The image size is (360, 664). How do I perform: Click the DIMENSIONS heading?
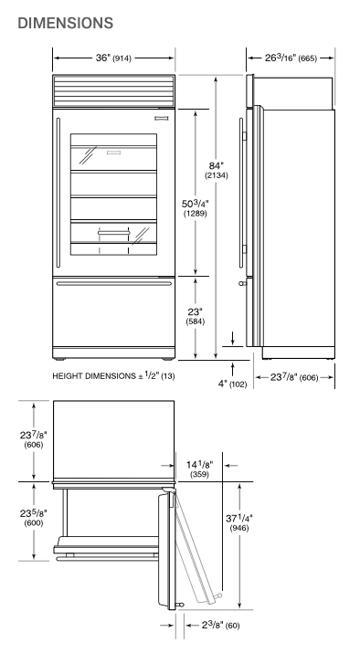point(66,23)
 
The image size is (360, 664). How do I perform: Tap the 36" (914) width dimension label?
point(113,58)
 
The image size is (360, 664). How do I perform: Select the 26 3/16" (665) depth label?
point(291,58)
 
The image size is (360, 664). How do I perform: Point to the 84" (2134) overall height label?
point(217,169)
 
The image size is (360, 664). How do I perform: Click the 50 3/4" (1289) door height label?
point(196,208)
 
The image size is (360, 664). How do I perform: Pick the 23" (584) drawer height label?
point(196,316)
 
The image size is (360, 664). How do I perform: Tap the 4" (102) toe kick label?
point(232,384)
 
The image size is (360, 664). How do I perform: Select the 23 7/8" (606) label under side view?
point(294,377)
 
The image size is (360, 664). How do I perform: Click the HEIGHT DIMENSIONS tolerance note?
point(113,375)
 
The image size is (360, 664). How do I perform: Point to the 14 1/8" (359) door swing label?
point(199,469)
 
